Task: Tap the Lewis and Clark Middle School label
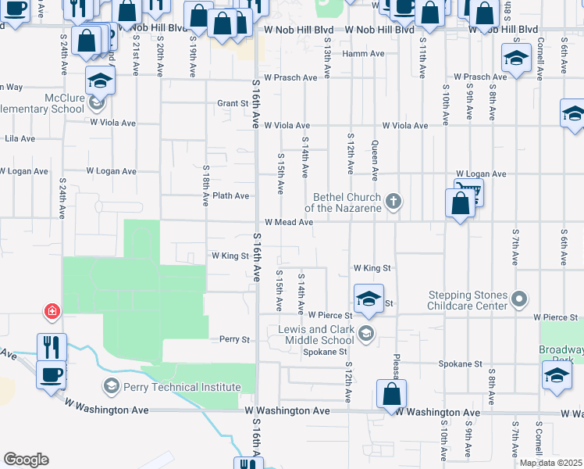tap(316, 335)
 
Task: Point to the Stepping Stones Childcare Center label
tap(468, 299)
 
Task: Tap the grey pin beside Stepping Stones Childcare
tap(518, 299)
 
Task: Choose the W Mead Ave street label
tap(289, 222)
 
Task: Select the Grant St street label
tap(233, 103)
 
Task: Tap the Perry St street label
tap(233, 340)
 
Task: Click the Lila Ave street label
tap(20, 138)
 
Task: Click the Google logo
tap(26, 460)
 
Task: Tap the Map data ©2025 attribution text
tap(550, 463)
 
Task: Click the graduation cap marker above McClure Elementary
tap(101, 81)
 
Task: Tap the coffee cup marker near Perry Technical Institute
tap(51, 375)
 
